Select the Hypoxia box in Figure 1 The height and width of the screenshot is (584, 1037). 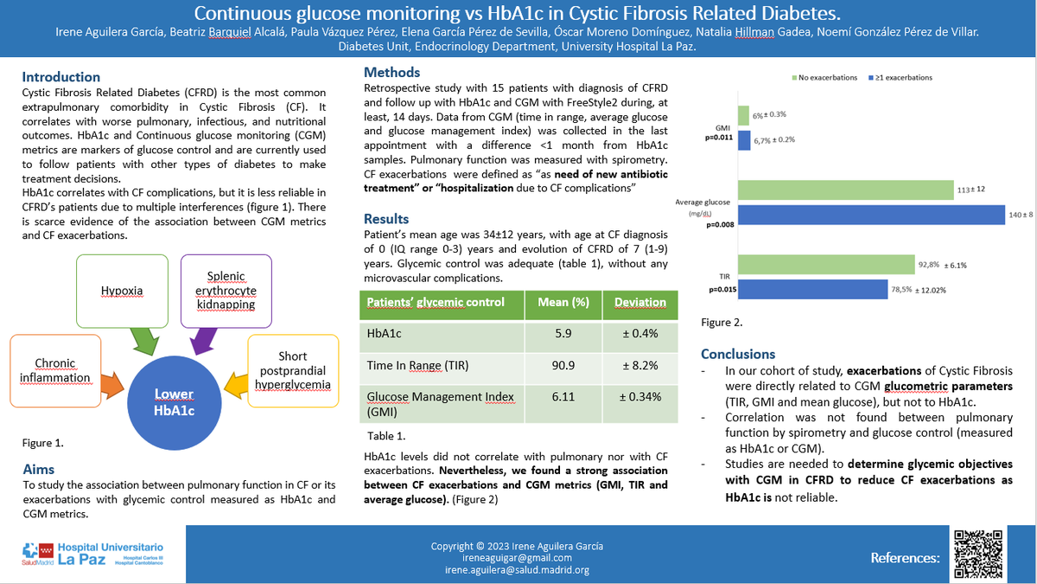coord(122,291)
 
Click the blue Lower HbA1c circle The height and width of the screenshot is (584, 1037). coord(174,401)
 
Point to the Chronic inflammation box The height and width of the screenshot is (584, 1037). coord(54,370)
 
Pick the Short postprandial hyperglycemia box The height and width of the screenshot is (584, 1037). coord(292,369)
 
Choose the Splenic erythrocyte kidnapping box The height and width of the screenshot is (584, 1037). coord(226,291)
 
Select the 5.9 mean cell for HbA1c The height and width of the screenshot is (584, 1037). coord(565,333)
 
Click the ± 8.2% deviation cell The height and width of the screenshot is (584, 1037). coord(639,365)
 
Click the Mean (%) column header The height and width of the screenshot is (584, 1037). coord(565,302)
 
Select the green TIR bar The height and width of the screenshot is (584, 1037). coord(826,265)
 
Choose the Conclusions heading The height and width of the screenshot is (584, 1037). coord(737,354)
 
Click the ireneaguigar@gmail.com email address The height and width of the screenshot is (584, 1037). coord(517,558)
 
